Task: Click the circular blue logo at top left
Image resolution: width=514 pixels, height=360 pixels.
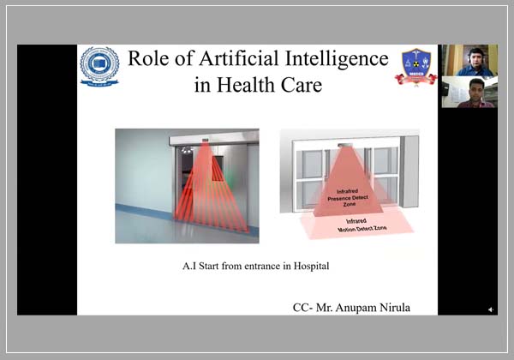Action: [99, 67]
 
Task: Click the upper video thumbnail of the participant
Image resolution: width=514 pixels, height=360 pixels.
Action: [469, 61]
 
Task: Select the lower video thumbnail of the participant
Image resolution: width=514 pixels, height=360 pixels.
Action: [469, 92]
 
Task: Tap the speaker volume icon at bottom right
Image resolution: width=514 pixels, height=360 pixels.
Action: [491, 309]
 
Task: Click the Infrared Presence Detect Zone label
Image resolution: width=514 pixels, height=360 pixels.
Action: [349, 195]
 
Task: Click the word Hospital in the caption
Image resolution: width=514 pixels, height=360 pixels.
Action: [308, 267]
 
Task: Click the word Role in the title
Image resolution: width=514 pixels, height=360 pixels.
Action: [147, 59]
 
